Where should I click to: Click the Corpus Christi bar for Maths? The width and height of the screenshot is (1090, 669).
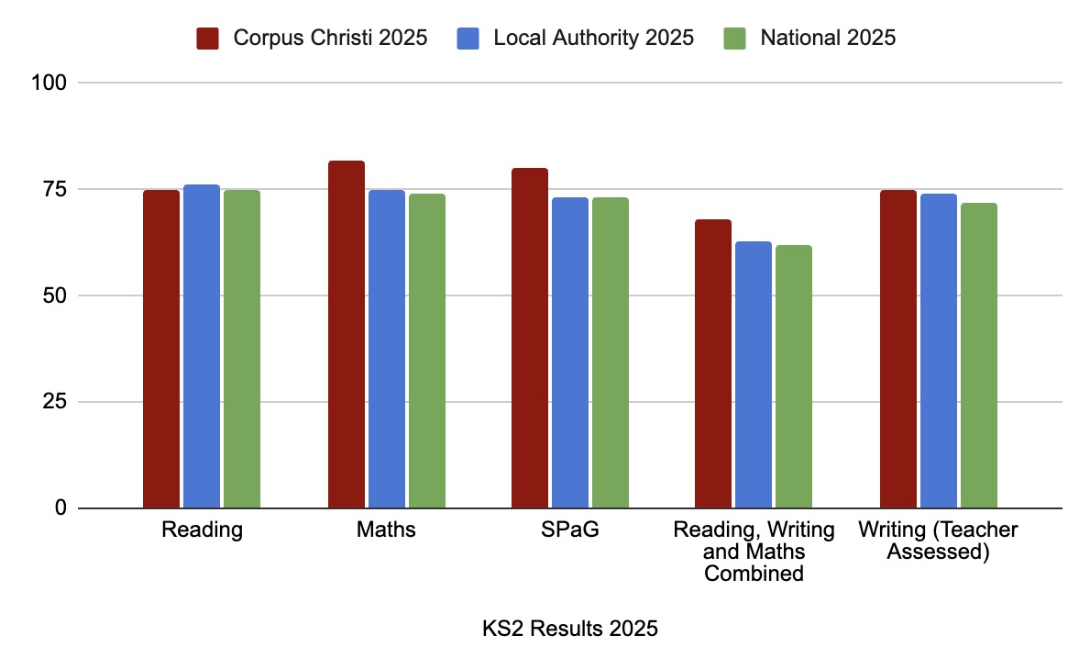tap(347, 335)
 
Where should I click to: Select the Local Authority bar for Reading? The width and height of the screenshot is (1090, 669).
tap(202, 347)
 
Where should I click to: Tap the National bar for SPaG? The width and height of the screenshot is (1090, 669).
tap(611, 353)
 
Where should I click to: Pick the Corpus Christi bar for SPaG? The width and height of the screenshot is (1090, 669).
tap(530, 339)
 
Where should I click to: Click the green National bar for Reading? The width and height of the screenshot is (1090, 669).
tap(242, 350)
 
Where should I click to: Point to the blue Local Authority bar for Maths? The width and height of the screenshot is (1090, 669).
tap(387, 350)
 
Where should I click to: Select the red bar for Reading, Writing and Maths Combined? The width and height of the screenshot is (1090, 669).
tap(713, 364)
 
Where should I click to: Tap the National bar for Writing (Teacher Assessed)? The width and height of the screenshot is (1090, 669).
tap(979, 356)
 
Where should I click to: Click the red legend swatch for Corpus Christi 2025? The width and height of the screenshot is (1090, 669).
tap(206, 39)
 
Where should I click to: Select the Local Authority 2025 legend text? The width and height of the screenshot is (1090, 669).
tap(593, 39)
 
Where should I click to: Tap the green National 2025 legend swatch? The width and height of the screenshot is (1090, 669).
tap(734, 39)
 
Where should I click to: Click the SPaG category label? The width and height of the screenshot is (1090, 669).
tap(570, 530)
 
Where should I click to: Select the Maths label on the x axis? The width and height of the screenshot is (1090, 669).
tap(387, 530)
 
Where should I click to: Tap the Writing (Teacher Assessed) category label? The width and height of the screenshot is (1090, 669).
tap(938, 541)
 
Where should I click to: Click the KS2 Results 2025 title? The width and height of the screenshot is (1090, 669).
tap(570, 630)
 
